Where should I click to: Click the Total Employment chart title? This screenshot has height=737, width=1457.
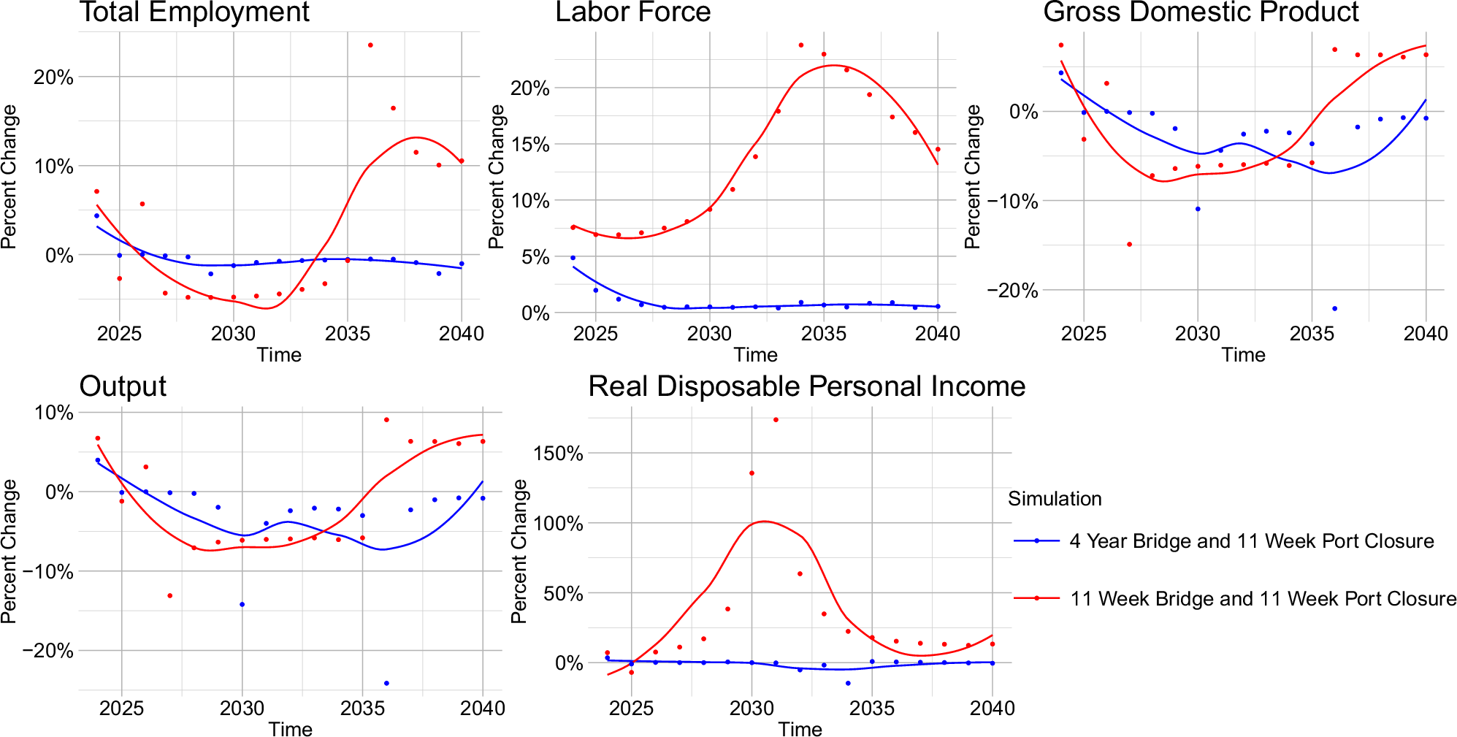pos(194,12)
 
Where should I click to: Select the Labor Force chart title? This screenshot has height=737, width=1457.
pos(632,12)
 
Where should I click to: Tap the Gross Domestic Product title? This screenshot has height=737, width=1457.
pos(1201,12)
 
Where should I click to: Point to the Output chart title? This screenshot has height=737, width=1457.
pos(123,386)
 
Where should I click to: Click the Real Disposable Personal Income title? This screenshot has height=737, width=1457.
pos(806,386)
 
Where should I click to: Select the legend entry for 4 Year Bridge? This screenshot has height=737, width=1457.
pos(1251,541)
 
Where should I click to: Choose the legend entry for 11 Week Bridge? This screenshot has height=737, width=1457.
pos(1263,599)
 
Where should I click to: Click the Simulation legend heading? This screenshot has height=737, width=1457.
pos(1055,499)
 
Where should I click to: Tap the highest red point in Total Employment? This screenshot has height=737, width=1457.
pos(370,45)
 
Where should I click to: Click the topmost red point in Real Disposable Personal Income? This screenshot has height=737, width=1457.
pos(776,420)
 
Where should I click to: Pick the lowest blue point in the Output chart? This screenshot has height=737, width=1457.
pos(386,684)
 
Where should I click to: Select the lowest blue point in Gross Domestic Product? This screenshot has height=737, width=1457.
pos(1334,309)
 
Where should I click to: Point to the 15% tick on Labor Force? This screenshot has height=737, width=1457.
pos(530,145)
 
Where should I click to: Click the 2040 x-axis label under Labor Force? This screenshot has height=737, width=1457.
pos(937,334)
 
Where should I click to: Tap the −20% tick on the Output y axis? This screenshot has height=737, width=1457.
pos(48,651)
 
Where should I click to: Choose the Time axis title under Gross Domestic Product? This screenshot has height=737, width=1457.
pos(1243,355)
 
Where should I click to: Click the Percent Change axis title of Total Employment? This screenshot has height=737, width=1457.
pos(9,177)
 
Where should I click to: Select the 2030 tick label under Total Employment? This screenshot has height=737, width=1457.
pos(234,334)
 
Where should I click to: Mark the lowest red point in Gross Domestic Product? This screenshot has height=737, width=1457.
pos(1129,245)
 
